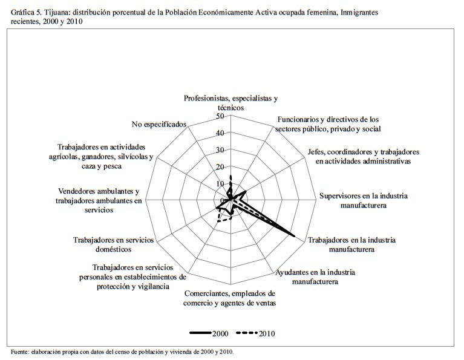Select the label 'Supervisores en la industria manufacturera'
tap(363, 200)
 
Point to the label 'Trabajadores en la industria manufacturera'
tap(351, 244)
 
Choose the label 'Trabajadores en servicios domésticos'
tap(113, 244)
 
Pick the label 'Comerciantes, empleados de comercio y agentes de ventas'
tap(229, 298)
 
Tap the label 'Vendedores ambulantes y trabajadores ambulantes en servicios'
tap(98, 200)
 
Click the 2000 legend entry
tap(209, 333)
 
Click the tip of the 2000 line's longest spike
tap(295, 236)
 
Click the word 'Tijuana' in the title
tap(59, 12)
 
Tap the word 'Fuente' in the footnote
tap(22, 352)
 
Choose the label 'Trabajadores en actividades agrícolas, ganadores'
tap(102, 157)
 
